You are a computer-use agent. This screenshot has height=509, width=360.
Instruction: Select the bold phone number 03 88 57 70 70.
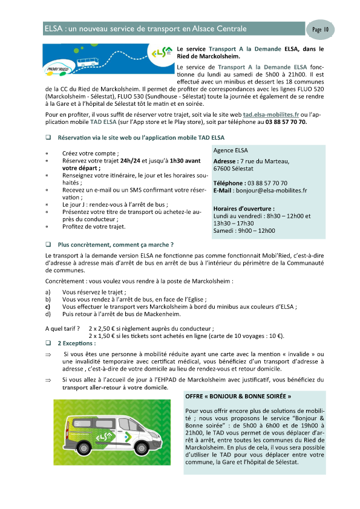286,122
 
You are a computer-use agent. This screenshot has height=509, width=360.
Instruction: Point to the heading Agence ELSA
231,151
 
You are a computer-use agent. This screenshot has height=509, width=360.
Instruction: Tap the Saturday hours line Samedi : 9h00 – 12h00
244,230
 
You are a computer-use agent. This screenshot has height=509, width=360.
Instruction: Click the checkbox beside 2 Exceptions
48,343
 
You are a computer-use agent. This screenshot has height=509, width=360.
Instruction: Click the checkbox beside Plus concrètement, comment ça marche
48,245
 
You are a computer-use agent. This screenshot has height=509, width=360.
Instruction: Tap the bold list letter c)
48,306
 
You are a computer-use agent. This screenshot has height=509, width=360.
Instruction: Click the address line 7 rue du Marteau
264,161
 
